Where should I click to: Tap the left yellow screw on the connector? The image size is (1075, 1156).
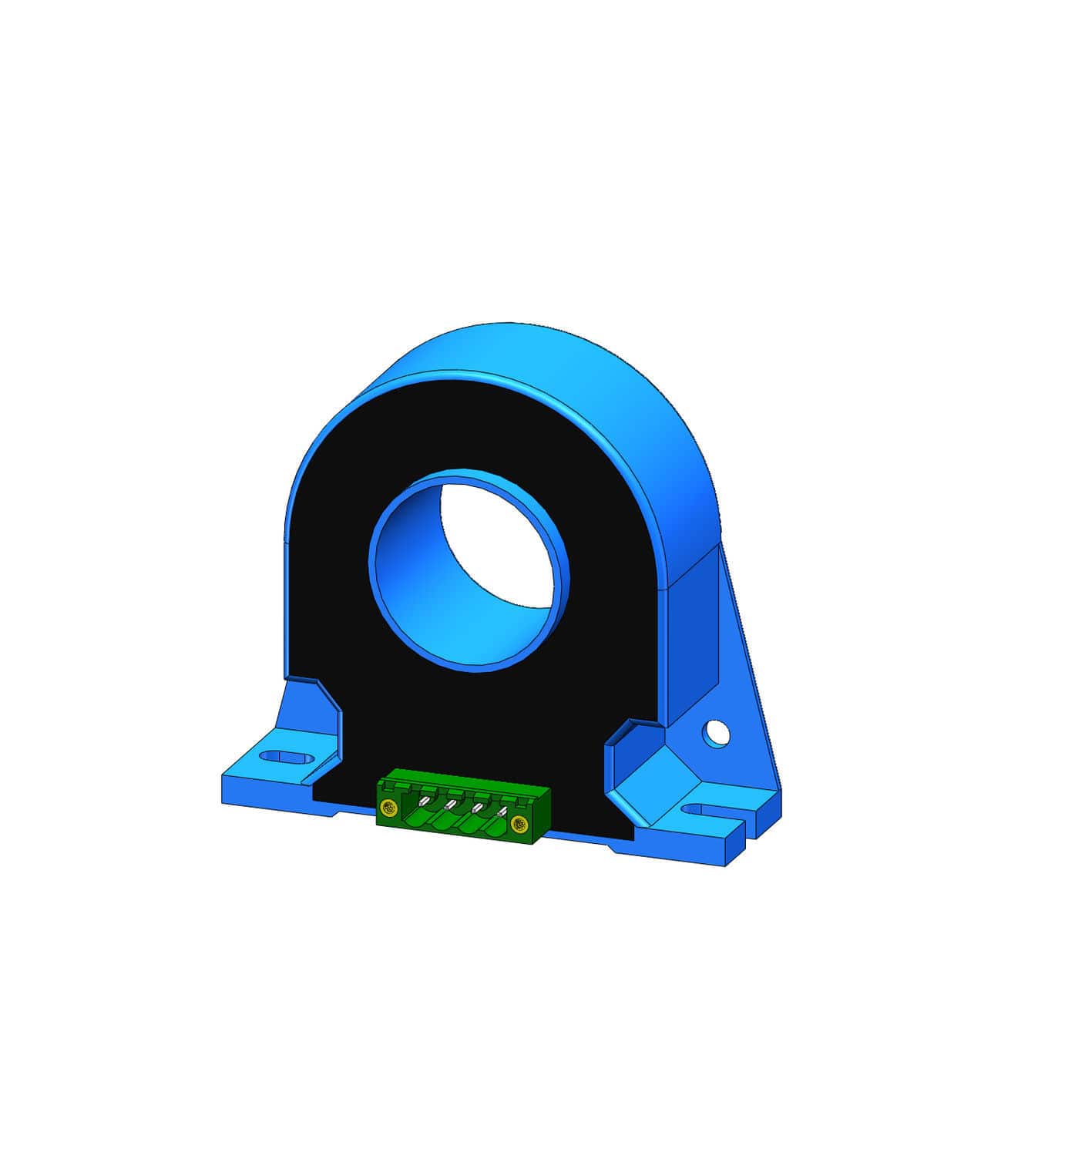388,808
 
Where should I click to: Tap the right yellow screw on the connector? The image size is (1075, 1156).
519,825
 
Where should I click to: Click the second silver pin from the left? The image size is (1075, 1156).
449,805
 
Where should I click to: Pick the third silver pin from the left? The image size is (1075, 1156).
477,808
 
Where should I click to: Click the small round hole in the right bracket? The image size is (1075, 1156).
716,733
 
